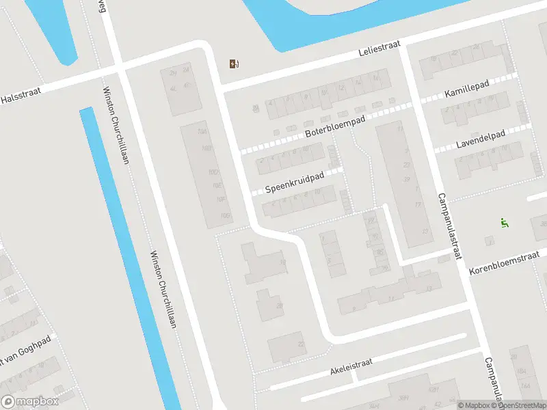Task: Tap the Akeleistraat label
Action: click(x=351, y=368)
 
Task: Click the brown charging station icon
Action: click(x=234, y=64)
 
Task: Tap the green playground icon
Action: click(x=504, y=222)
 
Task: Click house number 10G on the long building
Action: click(x=224, y=216)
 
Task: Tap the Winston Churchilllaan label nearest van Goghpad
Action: click(x=163, y=289)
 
